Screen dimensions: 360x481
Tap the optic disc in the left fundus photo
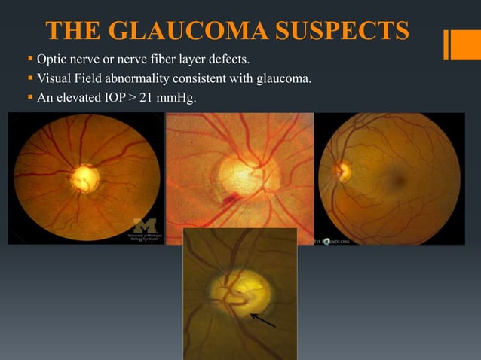[x=84, y=178]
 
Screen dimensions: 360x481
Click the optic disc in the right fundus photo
[x=339, y=172]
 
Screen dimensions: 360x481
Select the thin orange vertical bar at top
[x=446, y=44]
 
